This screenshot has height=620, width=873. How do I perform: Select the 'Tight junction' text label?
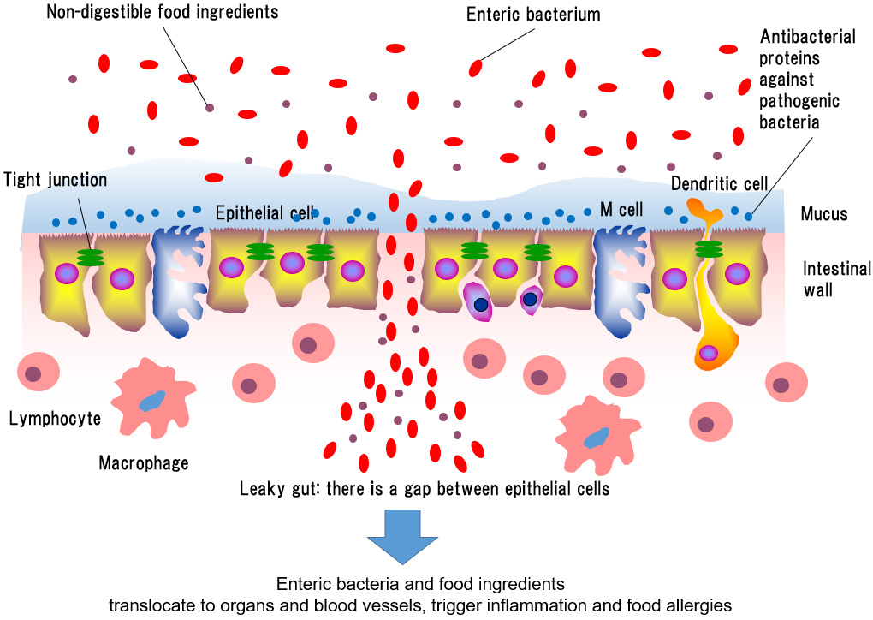pyautogui.click(x=56, y=180)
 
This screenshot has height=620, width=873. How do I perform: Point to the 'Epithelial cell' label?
pyautogui.click(x=264, y=212)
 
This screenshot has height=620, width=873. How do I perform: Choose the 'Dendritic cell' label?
pyautogui.click(x=719, y=184)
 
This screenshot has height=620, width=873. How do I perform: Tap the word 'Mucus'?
pyautogui.click(x=824, y=213)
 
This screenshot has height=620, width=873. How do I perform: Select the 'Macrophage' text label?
pyautogui.click(x=143, y=463)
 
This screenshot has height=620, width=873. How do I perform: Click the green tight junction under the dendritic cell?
pyautogui.click(x=707, y=249)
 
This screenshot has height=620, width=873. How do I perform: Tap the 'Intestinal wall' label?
pyautogui.click(x=836, y=279)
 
